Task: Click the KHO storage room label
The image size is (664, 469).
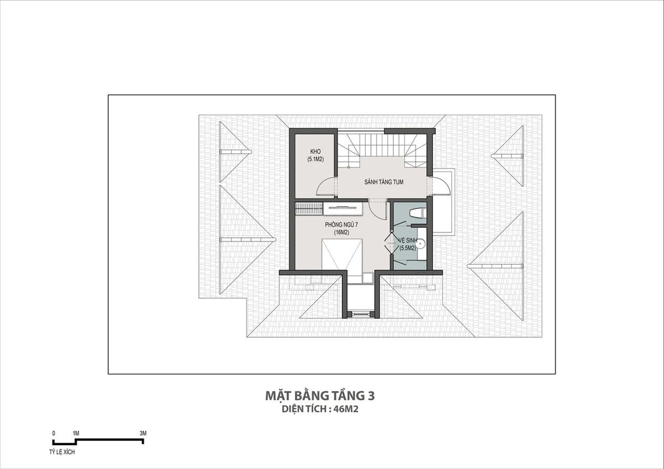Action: click(315, 152)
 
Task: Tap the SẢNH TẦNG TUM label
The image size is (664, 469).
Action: click(384, 182)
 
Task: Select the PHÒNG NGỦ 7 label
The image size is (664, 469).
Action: click(341, 225)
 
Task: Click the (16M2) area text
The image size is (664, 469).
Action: click(341, 233)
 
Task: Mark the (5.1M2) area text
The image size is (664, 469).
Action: click(315, 159)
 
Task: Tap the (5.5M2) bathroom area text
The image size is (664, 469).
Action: click(408, 248)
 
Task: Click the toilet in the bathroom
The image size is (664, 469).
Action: click(417, 213)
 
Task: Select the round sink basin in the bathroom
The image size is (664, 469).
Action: click(421, 243)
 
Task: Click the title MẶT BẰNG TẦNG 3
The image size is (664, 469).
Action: click(320, 396)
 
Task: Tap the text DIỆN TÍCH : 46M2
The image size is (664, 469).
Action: click(320, 409)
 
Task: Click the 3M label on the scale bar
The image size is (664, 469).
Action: click(143, 433)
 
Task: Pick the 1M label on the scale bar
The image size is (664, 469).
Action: click(76, 433)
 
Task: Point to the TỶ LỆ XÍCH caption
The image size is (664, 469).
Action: click(62, 452)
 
